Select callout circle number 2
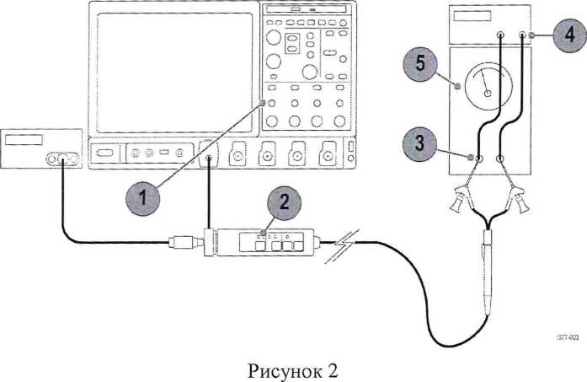tap(285, 202)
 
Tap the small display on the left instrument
tap(24, 140)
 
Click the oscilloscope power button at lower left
tap(104, 155)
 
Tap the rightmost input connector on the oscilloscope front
tap(326, 155)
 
